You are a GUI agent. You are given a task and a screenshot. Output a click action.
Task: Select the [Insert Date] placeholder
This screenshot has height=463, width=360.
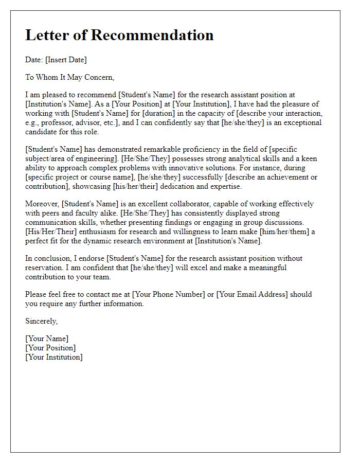pos(66,60)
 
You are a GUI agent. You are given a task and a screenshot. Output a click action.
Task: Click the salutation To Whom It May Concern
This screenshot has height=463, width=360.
pos(69,77)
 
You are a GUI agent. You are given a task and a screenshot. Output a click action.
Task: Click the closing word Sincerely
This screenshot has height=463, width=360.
pos(42,321)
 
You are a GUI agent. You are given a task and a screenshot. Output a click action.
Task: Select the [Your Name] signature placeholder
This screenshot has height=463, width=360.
pos(47,339)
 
